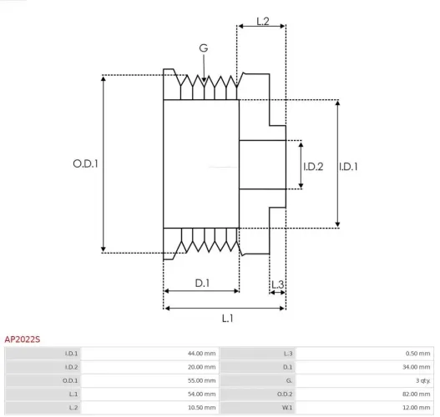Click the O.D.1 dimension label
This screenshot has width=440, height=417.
85,164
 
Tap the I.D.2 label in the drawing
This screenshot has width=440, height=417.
313,167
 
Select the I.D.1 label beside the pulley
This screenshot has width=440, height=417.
349,167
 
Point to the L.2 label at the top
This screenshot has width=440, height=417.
261,21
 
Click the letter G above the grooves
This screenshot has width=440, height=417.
204,48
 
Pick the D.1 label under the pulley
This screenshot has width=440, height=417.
203,284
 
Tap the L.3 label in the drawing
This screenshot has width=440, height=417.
278,285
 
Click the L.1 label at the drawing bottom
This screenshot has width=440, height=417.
227,318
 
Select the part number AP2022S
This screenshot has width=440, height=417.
23,339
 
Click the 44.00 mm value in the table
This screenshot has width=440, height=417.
201,354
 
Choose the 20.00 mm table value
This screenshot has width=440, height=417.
201,367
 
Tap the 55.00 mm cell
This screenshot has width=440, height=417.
201,380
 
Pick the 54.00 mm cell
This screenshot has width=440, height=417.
201,394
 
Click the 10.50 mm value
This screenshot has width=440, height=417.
201,407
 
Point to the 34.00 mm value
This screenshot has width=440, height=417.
416,367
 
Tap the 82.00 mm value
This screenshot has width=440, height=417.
416,394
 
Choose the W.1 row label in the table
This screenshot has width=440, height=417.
287,407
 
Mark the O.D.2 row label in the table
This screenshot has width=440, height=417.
286,394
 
